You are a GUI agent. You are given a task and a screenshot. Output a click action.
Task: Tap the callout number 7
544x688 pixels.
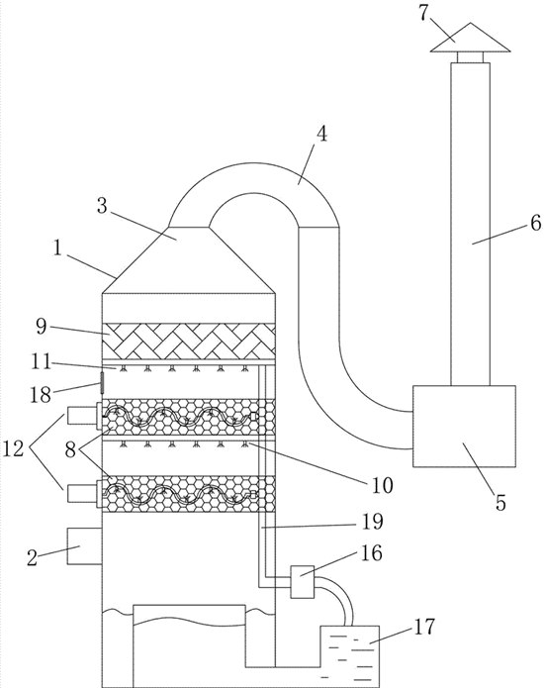423,13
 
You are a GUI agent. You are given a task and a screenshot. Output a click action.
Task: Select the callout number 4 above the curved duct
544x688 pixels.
322,134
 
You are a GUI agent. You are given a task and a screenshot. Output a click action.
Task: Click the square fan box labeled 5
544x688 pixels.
464,426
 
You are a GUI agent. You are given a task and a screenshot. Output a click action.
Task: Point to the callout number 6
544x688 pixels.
536,224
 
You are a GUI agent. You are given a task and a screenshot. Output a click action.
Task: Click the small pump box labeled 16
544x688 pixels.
303,582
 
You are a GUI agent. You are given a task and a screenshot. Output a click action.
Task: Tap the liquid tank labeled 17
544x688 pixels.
350,656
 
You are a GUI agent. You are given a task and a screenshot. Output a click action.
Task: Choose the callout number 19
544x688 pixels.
373,522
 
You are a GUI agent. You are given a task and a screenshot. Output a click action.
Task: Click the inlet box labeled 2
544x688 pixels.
84,545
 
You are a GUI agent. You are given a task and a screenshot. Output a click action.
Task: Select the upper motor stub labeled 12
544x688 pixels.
81,416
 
